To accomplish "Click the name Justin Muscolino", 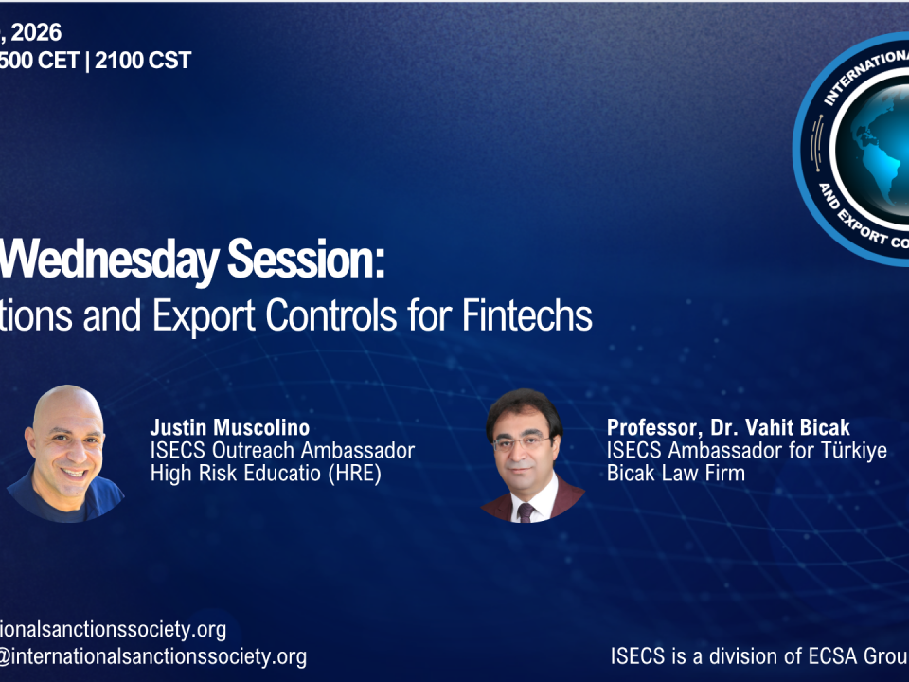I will click(229, 428).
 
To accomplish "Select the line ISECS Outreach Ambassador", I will click(282, 451).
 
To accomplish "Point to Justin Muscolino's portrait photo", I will click(68, 453).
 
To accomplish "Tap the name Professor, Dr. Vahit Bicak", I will click(728, 428).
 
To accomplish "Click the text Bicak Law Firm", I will click(676, 474).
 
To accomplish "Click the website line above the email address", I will click(114, 629).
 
